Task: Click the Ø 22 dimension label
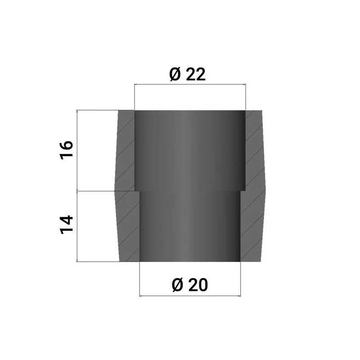tap(188, 74)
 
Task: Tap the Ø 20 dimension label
tap(190, 285)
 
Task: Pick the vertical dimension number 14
tap(67, 225)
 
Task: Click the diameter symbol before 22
tap(175, 74)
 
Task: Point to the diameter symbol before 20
tap(177, 285)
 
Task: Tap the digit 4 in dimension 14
tap(67, 220)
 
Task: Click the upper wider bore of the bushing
tap(190, 150)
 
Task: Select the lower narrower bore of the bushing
tap(190, 226)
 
